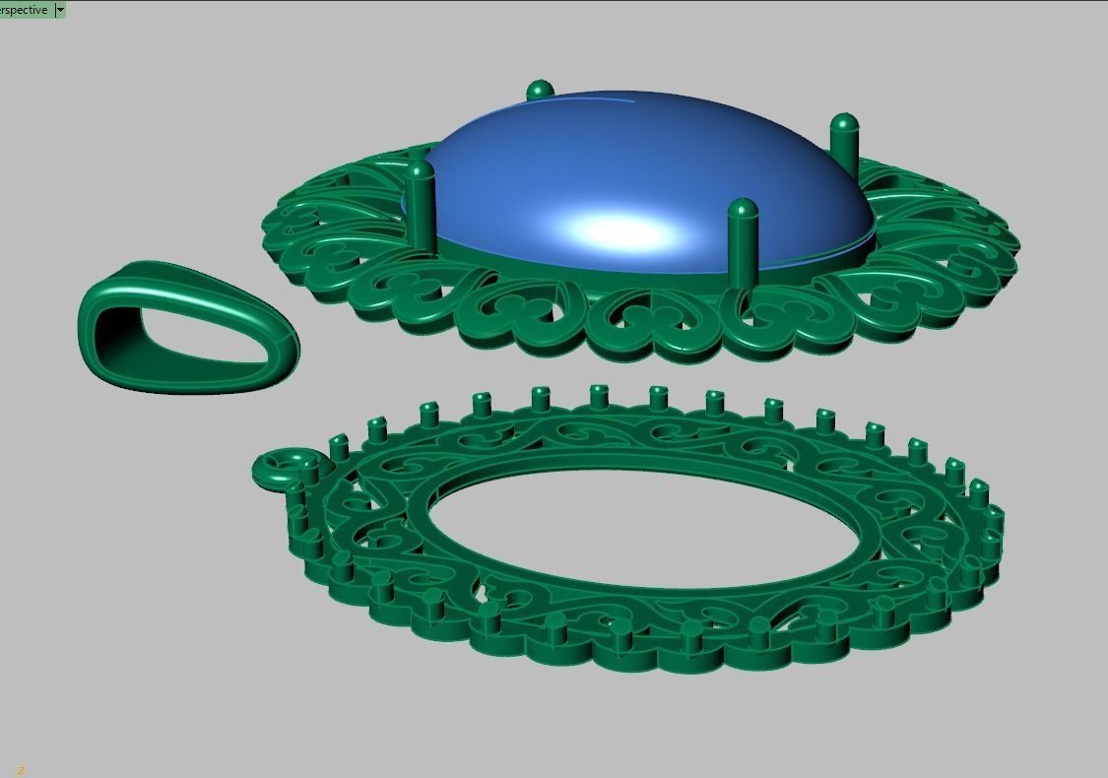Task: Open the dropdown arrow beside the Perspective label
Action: [x=60, y=10]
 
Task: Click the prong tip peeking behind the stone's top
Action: [x=540, y=91]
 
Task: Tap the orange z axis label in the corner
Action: [x=20, y=770]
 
